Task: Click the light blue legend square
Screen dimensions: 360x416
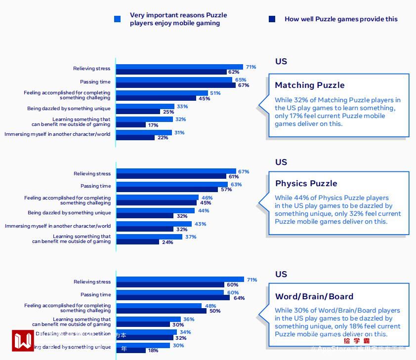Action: pos(118,19)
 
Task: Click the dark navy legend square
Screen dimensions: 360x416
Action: pos(272,19)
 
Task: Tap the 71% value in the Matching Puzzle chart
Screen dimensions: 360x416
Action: pos(251,67)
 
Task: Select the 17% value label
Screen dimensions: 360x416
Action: pos(153,125)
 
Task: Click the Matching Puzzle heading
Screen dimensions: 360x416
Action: pos(310,85)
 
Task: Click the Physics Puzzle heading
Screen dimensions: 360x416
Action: pos(306,183)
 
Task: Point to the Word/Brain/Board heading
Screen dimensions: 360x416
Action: pos(314,296)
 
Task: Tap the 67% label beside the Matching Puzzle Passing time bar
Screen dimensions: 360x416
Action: pos(243,85)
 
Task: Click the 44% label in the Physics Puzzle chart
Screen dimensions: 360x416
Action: pos(203,211)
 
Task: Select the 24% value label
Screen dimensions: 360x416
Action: pos(167,242)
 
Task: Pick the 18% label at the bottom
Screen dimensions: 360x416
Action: pos(153,351)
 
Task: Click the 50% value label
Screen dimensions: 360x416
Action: pos(215,311)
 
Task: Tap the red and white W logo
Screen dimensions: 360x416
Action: pos(23,341)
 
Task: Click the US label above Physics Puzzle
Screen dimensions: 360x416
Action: pos(281,162)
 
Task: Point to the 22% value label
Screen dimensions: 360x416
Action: pos(163,138)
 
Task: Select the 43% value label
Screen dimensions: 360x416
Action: pos(200,224)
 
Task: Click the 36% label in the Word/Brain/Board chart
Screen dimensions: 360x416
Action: pos(189,320)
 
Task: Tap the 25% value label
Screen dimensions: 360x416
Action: pos(168,112)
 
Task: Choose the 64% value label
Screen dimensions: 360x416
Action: pos(239,298)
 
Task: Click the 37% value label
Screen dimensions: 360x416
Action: pos(190,237)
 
